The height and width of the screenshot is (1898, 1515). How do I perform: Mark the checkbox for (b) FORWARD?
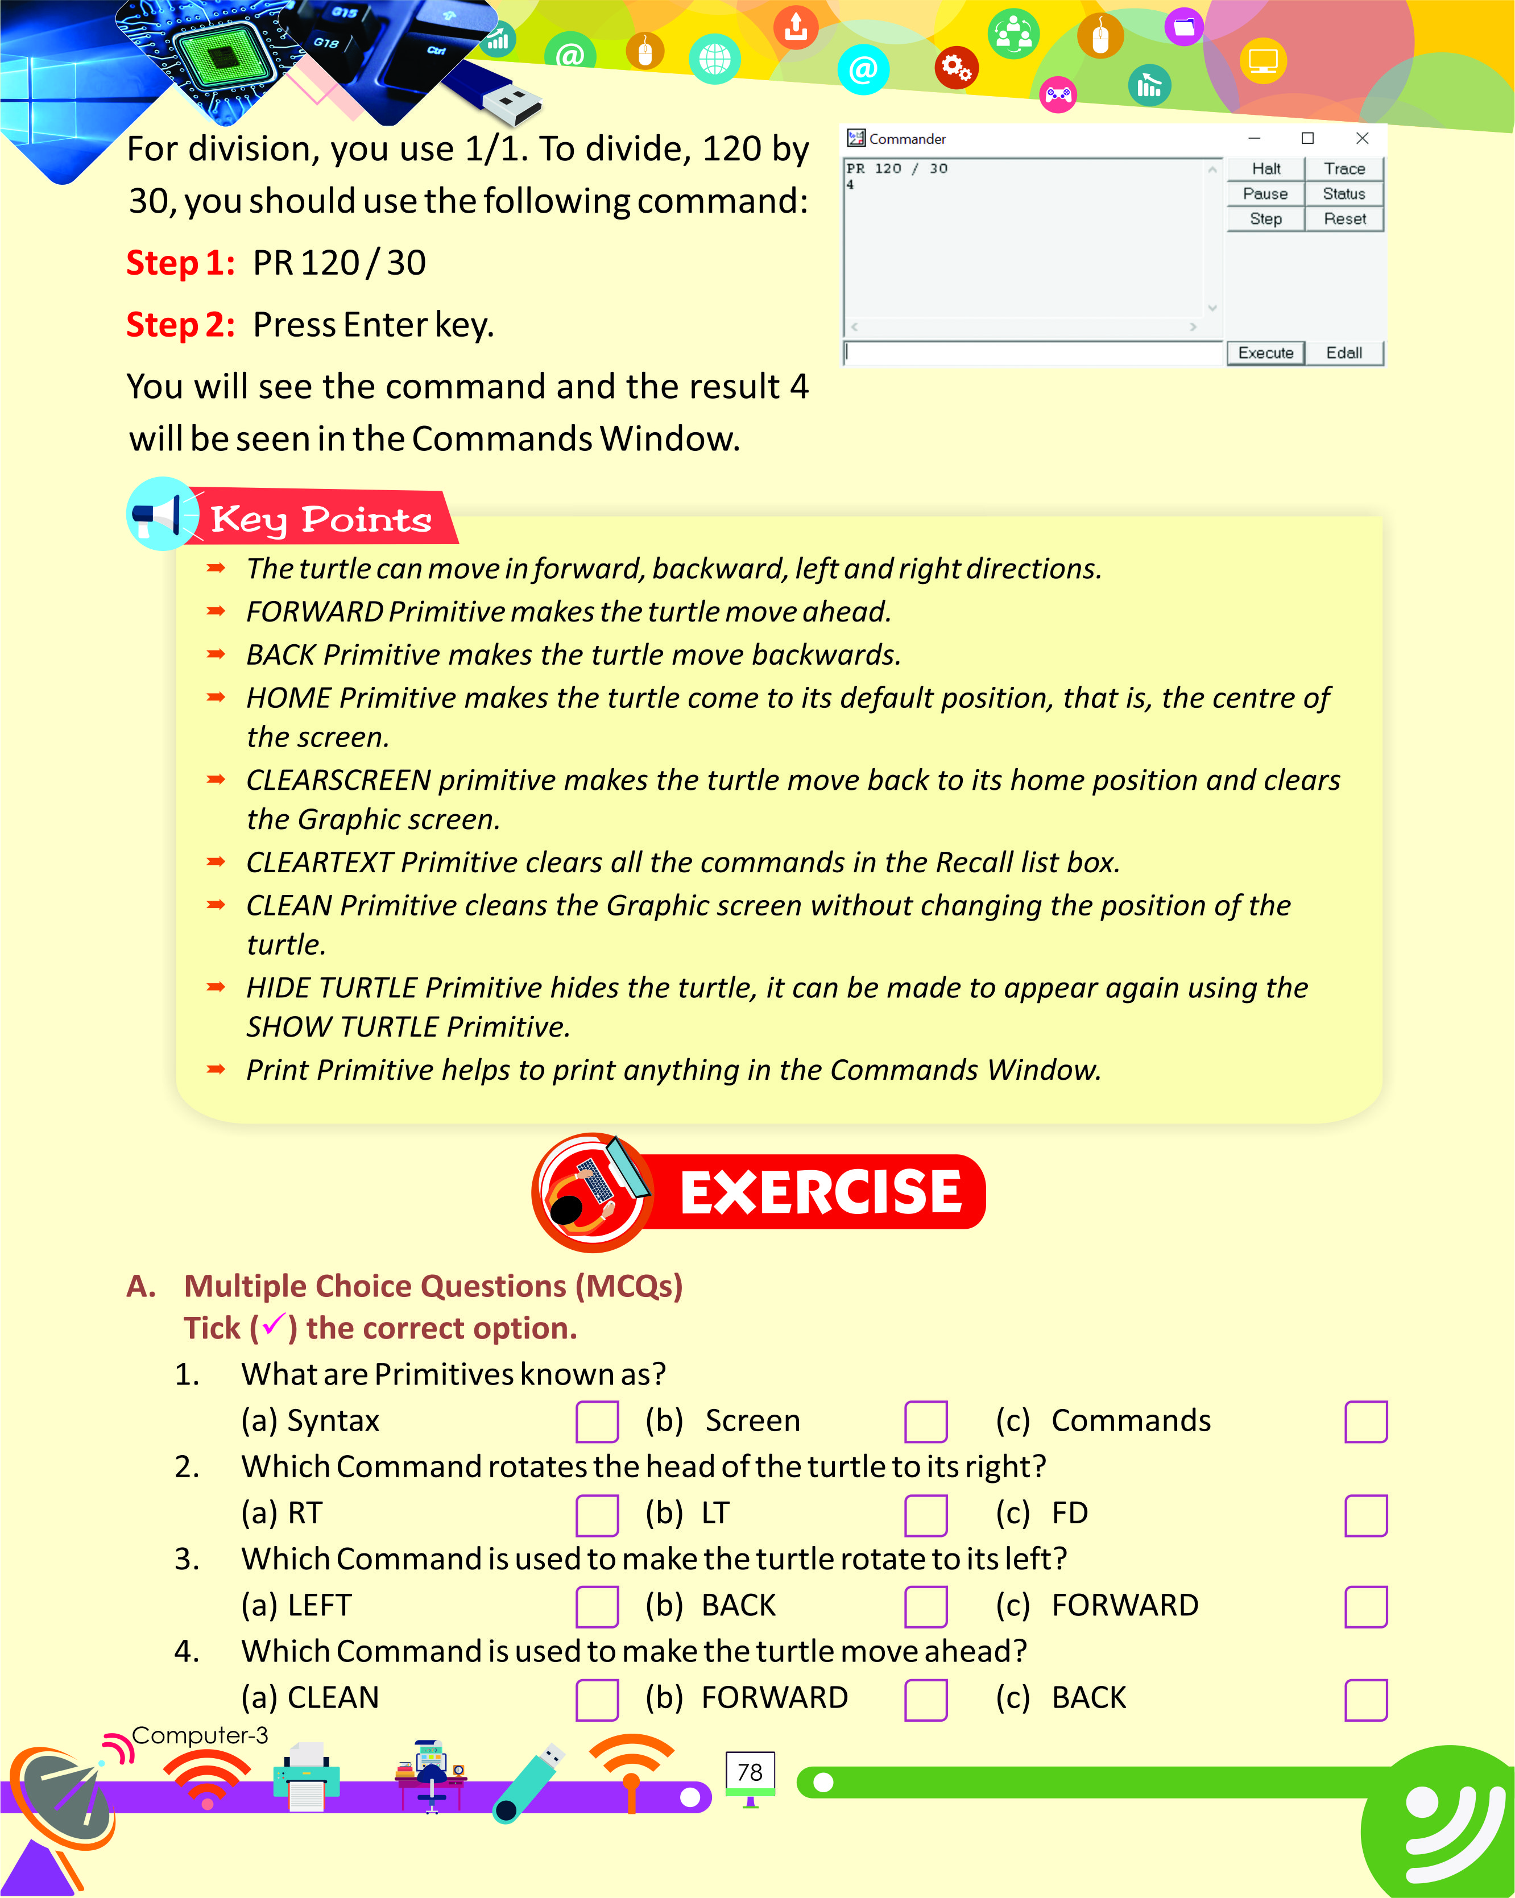pos(925,1699)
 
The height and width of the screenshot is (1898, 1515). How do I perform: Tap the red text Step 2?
pos(180,325)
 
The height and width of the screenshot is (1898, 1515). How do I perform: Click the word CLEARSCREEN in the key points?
pos(338,781)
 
